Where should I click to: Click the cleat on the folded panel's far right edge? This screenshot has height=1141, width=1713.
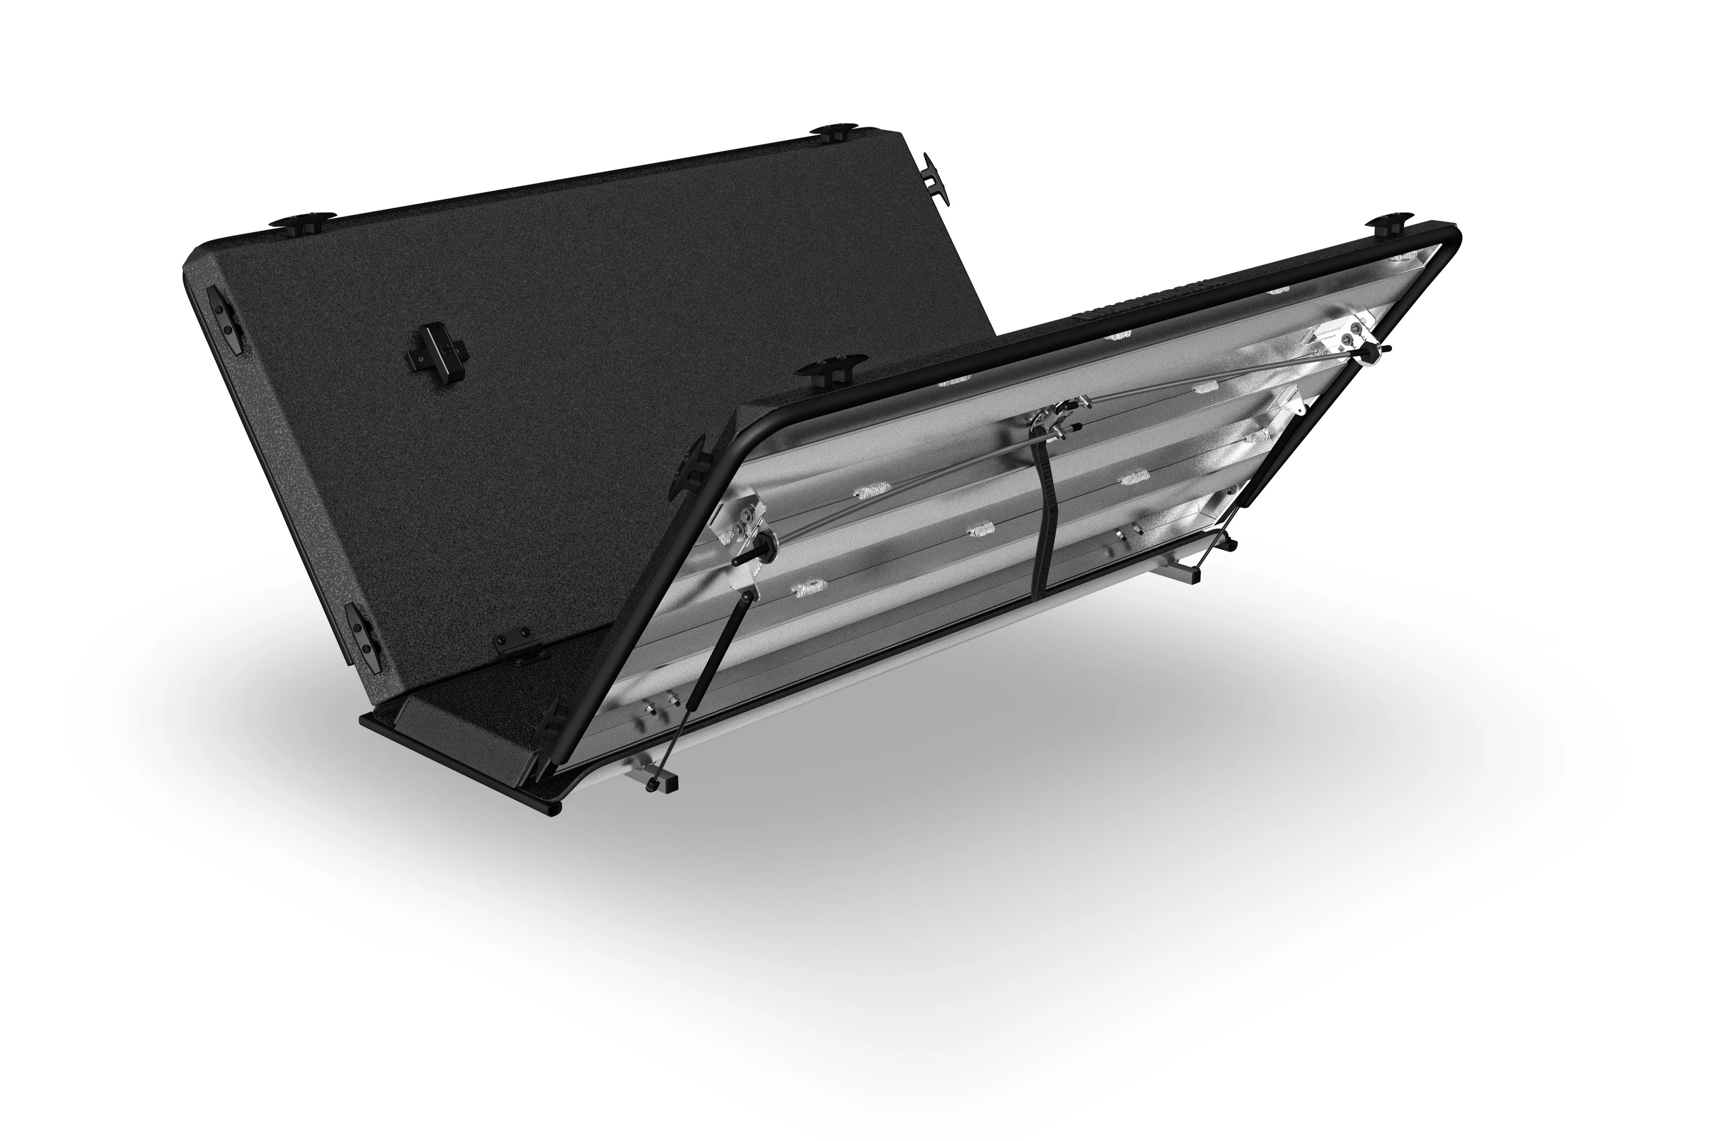pyautogui.click(x=931, y=178)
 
